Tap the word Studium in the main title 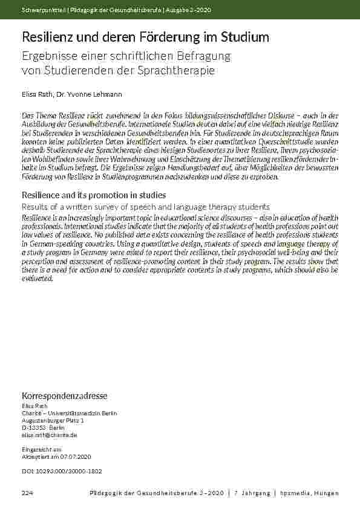239,37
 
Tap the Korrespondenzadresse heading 64,396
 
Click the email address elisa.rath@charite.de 49,435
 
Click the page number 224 27,493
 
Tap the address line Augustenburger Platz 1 53,420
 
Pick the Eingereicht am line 41,450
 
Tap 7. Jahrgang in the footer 251,493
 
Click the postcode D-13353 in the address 35,427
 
